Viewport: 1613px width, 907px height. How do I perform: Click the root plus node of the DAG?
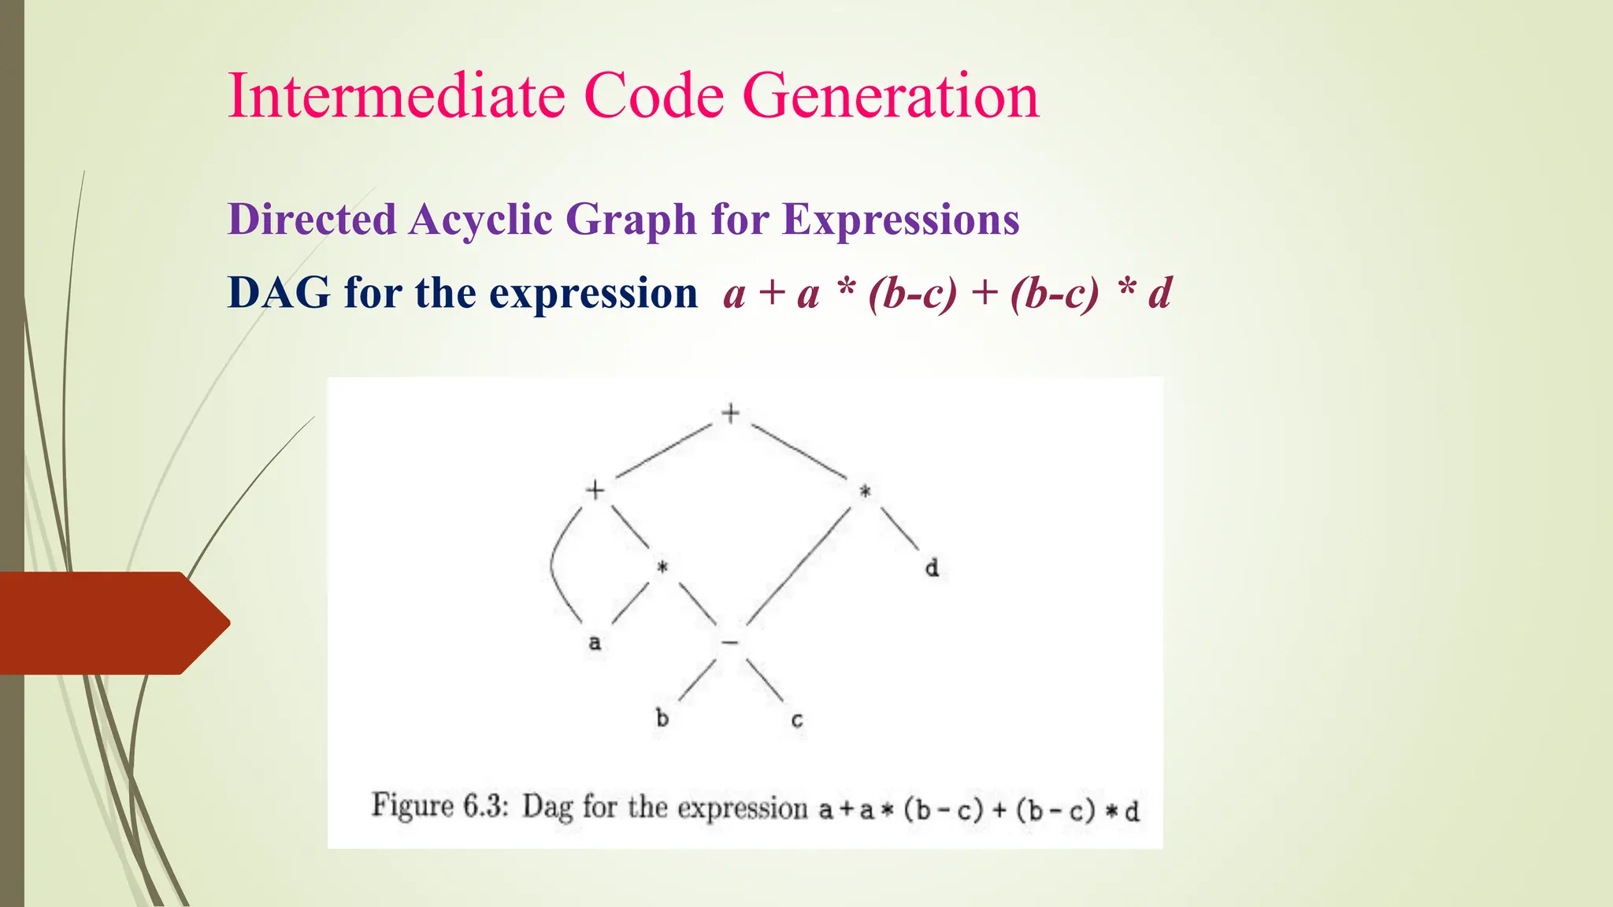(x=731, y=413)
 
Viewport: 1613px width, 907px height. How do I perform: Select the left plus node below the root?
(x=595, y=491)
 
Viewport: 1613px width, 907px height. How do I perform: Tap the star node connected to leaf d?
(x=865, y=492)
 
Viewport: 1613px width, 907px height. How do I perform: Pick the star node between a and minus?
(x=662, y=568)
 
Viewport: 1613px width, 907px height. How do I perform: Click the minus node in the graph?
(x=730, y=643)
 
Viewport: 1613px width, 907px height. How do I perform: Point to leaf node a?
(x=595, y=643)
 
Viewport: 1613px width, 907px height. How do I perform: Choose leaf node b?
(x=662, y=718)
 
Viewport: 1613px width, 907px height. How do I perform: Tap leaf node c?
(x=797, y=720)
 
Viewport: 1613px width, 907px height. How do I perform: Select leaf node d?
(x=932, y=568)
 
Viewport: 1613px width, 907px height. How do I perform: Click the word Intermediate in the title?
(x=396, y=96)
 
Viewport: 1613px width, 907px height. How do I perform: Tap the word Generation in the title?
(x=891, y=96)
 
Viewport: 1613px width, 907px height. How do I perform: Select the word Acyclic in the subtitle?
(x=480, y=220)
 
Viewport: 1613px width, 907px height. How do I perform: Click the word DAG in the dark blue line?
(x=279, y=293)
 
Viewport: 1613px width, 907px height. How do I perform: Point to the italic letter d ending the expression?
(x=1159, y=293)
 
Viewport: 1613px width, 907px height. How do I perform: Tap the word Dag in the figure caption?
(x=547, y=808)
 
